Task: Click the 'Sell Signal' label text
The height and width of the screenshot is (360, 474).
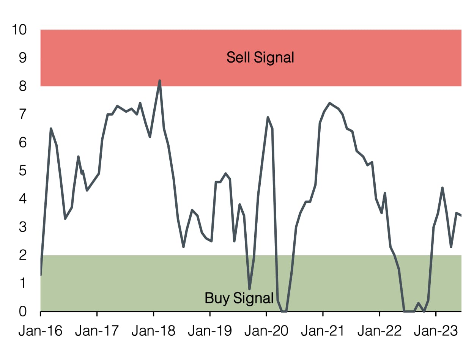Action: tap(260, 58)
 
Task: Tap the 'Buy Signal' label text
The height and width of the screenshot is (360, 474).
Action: tap(239, 298)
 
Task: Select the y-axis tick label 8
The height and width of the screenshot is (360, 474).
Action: tap(23, 86)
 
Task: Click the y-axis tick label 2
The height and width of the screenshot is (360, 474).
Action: tap(23, 255)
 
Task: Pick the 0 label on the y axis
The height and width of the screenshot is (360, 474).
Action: tap(23, 311)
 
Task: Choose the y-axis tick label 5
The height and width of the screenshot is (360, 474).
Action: tap(23, 171)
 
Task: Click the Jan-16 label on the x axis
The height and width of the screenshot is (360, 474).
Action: tap(40, 331)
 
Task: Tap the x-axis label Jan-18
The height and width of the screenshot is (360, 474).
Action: tap(153, 331)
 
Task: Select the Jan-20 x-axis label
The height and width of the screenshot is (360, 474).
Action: tap(266, 331)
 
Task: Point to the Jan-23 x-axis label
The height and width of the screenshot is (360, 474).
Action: tap(436, 331)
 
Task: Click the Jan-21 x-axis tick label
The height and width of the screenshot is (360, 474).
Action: tap(323, 331)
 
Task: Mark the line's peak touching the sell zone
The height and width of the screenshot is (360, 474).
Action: tap(160, 80)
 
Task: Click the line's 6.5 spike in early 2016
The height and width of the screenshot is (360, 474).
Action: tap(51, 129)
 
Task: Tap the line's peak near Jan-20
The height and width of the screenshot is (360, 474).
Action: tap(268, 117)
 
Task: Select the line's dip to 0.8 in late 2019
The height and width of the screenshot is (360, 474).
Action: tap(249, 289)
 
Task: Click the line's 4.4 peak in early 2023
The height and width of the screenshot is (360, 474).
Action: tap(443, 187)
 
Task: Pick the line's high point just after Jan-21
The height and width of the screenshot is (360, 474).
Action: tap(330, 103)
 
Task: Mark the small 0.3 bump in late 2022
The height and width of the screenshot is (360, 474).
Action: tap(418, 303)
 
